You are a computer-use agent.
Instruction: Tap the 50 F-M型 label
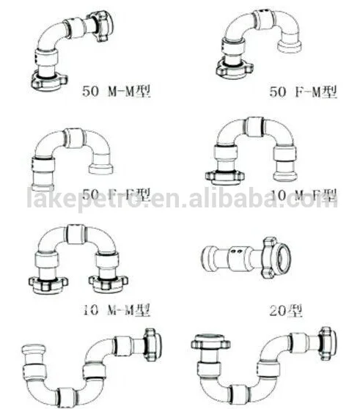point(303,92)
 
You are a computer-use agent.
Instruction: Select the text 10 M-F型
point(302,195)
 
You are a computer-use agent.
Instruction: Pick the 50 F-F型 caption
point(116,195)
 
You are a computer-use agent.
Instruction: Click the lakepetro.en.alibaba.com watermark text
point(180,199)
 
